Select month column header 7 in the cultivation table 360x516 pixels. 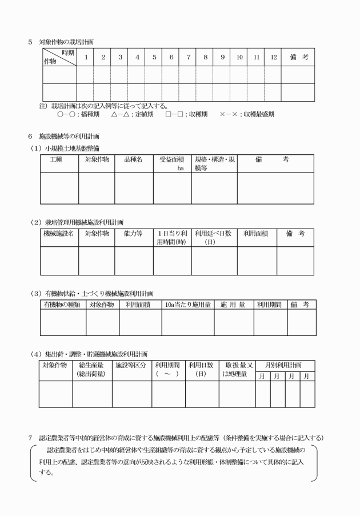188,57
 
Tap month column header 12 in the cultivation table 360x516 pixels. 274,57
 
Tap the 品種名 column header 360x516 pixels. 134,160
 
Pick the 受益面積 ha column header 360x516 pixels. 172,164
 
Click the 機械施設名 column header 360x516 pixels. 59,234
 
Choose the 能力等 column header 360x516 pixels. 134,234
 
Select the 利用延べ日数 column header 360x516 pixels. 213,237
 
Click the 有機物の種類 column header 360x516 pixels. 63,305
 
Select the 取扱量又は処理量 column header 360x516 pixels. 236,369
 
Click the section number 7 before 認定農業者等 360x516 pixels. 30,438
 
